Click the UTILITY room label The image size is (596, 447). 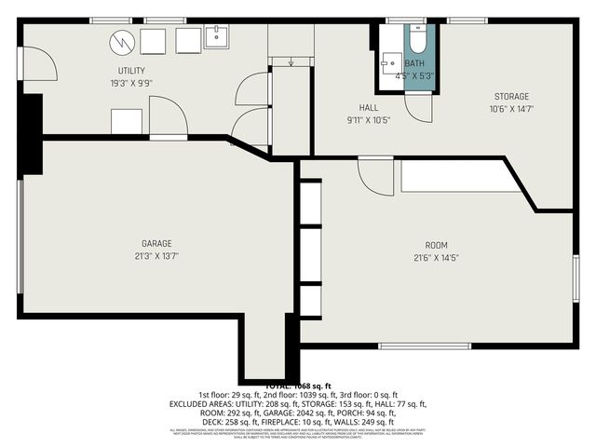pos(130,71)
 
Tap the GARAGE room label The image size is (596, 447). pos(156,243)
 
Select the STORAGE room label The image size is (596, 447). pos(511,96)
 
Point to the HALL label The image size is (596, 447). pos(369,107)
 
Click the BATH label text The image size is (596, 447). pos(413,63)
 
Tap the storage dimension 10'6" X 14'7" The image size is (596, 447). pos(511,108)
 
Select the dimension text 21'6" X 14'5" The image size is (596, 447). pos(437,257)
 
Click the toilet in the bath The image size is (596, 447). pos(416,42)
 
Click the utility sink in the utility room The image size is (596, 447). pos(218,37)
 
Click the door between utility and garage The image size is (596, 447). pos(169,118)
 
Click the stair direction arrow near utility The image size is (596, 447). pos(291,62)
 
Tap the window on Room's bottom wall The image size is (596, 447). pos(424,346)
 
